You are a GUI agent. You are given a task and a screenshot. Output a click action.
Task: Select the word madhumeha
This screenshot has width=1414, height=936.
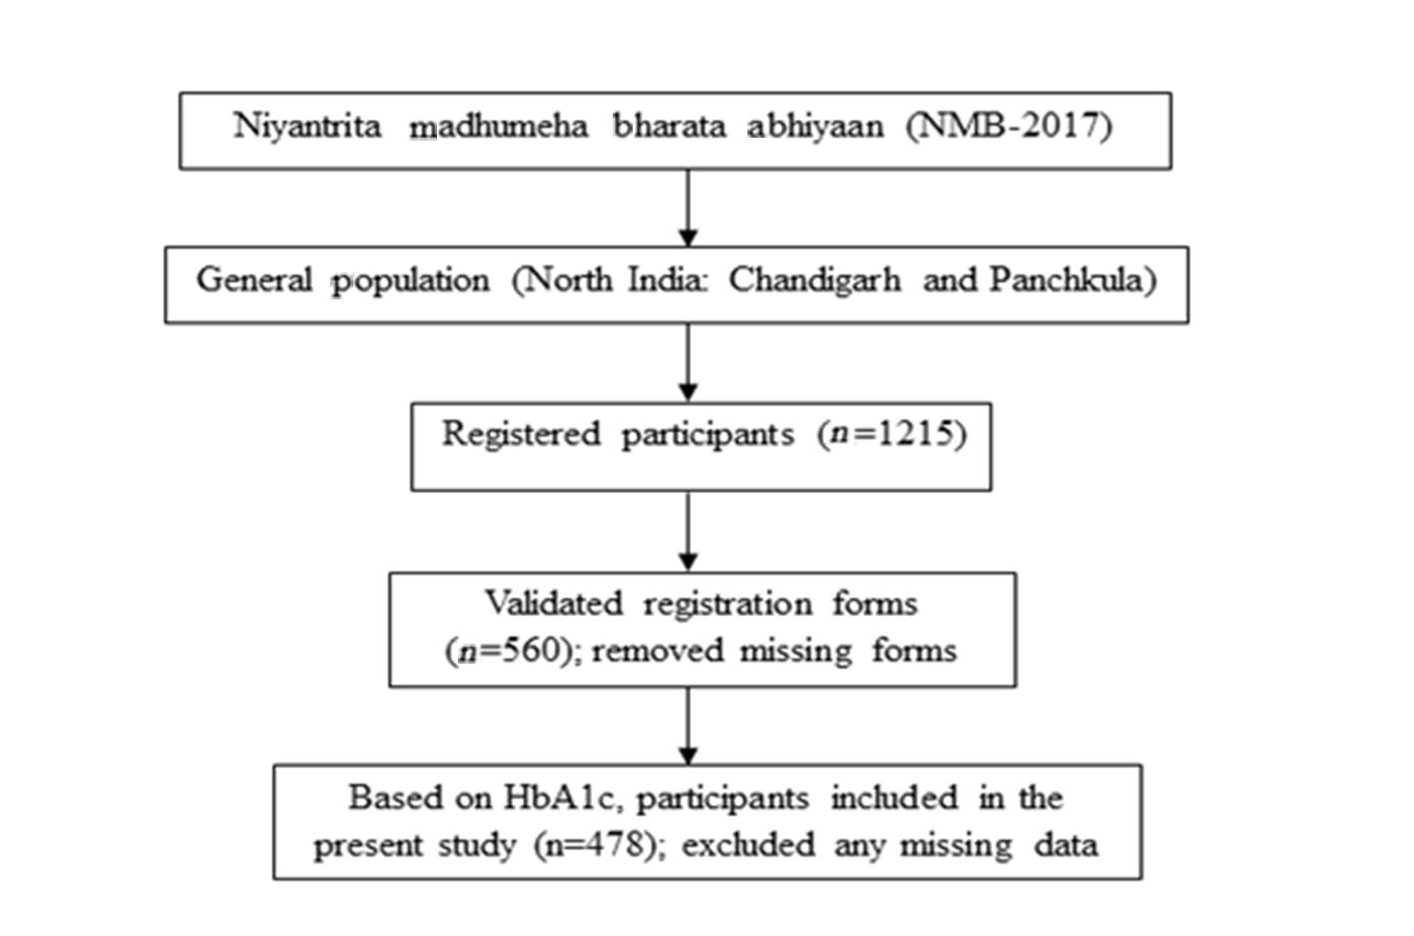tap(498, 126)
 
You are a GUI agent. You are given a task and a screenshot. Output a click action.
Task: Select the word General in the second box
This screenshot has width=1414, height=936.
tap(254, 279)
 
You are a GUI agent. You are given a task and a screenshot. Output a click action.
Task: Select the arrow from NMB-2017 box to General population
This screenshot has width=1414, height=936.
tap(688, 208)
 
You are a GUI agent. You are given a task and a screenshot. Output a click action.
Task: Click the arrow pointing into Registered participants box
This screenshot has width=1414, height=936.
tap(688, 362)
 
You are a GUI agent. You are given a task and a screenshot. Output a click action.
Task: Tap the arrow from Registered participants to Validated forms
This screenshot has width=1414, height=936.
tap(688, 531)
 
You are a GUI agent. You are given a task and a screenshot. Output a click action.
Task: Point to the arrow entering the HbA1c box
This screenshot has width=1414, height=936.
tap(688, 725)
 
